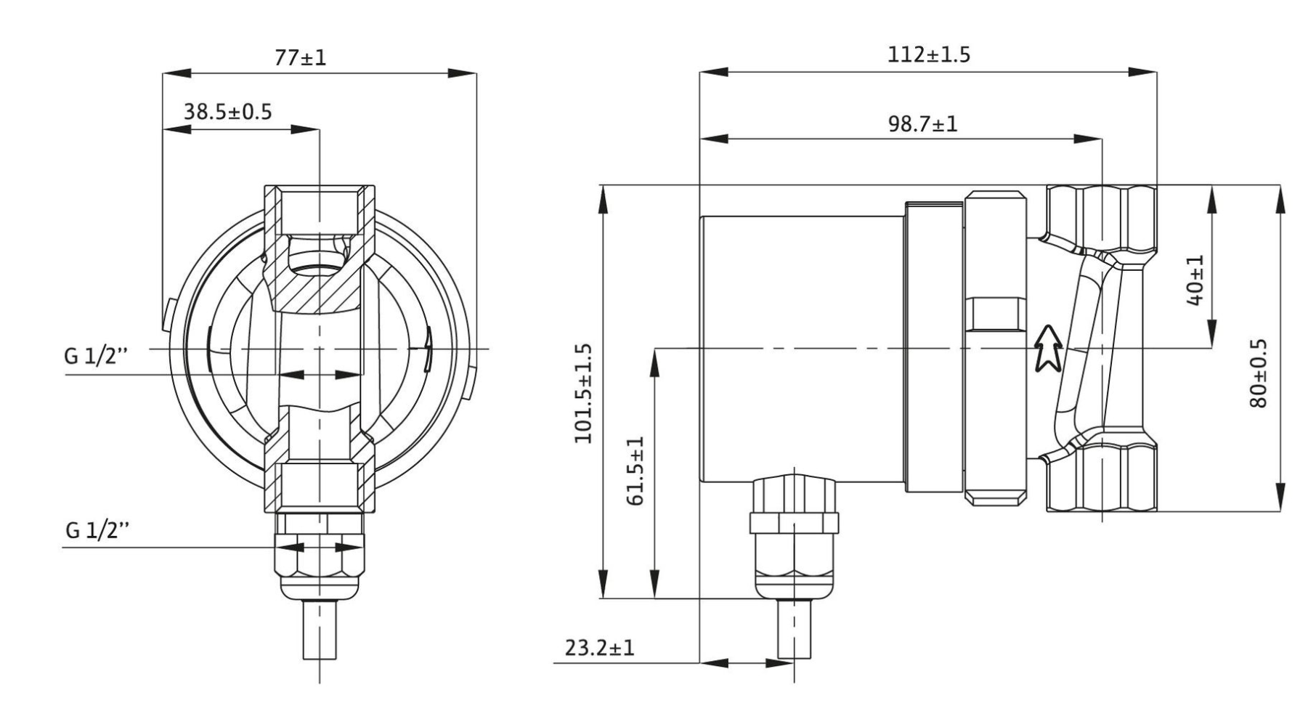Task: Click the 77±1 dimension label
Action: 300,57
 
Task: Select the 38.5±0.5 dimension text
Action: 227,112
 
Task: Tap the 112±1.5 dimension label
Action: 928,54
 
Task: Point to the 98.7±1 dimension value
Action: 922,123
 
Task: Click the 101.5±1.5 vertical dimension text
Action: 583,393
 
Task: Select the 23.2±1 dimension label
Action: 599,647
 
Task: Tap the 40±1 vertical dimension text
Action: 1195,280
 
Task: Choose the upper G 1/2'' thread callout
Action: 95,357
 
